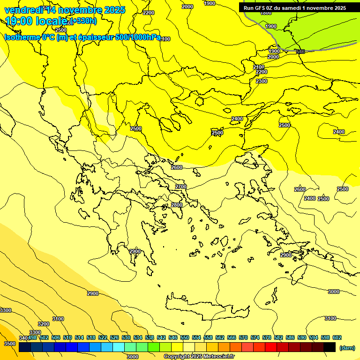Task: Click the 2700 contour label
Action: [x=181, y=187]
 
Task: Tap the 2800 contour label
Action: [x=177, y=205]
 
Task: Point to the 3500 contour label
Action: [x=9, y=344]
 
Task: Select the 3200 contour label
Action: [x=44, y=324]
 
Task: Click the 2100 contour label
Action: [x=259, y=67]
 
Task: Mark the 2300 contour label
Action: [x=262, y=81]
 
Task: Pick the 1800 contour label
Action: [x=266, y=13]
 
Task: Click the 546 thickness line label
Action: [x=300, y=52]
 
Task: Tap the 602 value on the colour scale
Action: [x=337, y=337]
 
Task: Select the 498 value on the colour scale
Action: [x=33, y=337]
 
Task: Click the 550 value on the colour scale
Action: [x=185, y=337]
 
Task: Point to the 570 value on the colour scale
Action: [x=243, y=337]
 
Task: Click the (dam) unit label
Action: [x=347, y=347]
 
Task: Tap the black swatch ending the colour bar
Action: [x=330, y=347]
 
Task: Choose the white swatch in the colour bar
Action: [x=189, y=347]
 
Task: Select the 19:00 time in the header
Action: [x=21, y=21]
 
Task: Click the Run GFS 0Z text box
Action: [x=295, y=8]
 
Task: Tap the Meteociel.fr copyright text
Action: [x=199, y=357]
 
